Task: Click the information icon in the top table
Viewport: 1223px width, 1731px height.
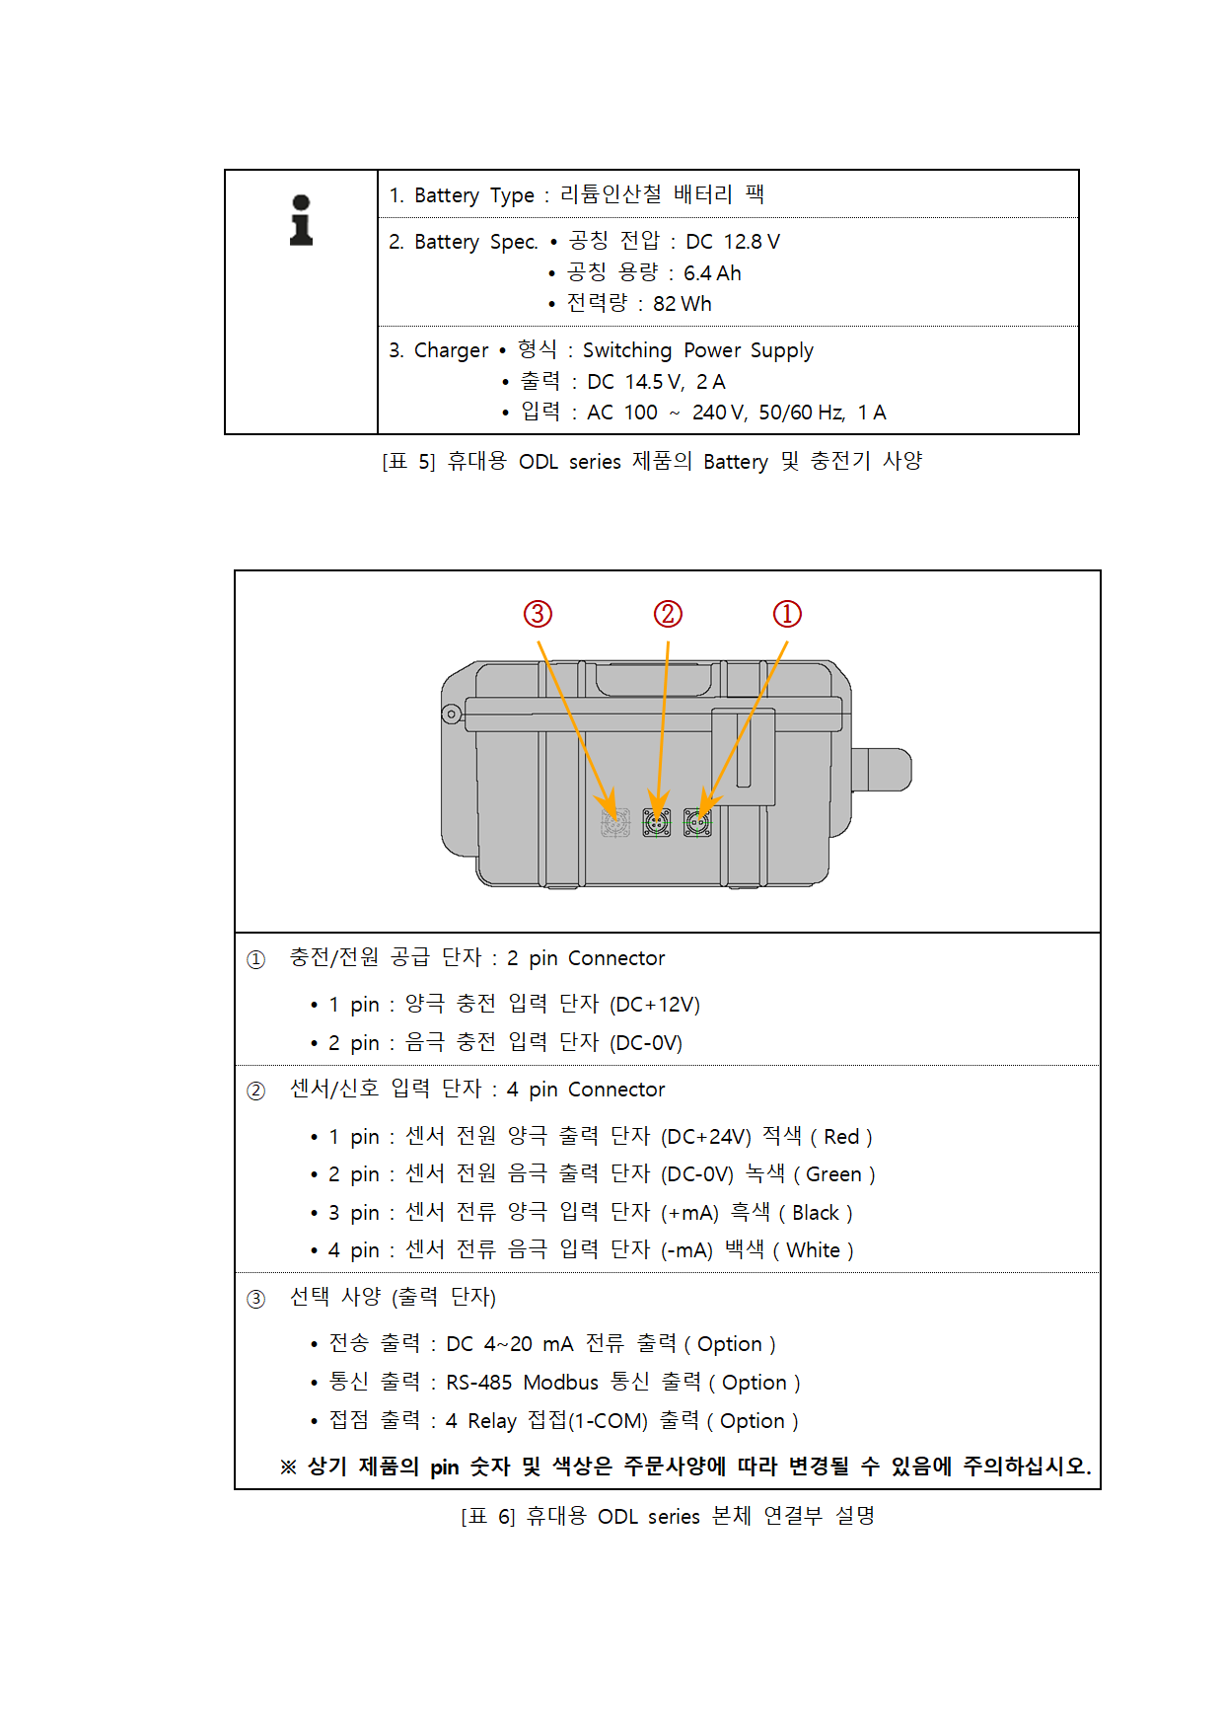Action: click(301, 220)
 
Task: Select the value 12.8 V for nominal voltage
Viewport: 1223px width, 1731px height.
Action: click(752, 242)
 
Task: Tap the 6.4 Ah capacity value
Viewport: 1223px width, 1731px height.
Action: click(712, 273)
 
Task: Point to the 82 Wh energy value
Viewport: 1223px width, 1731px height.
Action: click(682, 304)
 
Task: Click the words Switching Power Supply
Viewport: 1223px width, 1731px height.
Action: click(698, 350)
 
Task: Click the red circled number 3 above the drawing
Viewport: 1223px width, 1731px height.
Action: click(538, 614)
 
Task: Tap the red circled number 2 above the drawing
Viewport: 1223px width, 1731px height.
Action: click(668, 614)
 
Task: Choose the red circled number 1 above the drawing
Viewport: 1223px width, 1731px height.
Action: click(787, 614)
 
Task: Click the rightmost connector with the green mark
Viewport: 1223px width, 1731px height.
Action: click(697, 822)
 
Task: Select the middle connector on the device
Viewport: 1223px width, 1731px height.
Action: click(657, 822)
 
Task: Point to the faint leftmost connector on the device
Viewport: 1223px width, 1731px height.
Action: click(615, 822)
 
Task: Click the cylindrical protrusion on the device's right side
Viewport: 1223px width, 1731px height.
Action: click(882, 770)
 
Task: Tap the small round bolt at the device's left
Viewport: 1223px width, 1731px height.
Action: click(452, 714)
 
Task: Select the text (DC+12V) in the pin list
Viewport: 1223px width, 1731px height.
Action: click(655, 1005)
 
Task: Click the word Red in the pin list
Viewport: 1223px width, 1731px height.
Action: click(841, 1137)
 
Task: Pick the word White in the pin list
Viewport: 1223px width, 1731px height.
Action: click(813, 1250)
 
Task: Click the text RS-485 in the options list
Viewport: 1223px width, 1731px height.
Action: click(478, 1383)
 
